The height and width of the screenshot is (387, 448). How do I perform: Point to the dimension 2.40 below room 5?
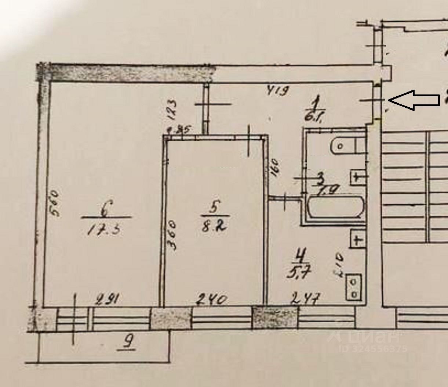210,300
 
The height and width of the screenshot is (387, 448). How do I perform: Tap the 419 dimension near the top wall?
278,90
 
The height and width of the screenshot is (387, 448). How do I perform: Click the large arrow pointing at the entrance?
414,100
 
